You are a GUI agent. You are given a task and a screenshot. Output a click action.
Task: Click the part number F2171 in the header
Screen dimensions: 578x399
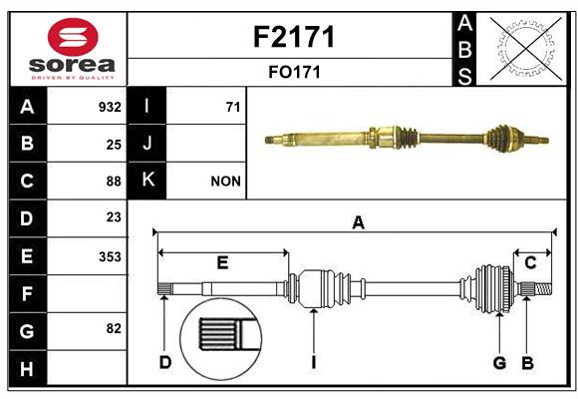[x=294, y=37]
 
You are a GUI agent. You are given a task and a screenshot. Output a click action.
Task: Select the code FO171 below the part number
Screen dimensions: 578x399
[x=294, y=72]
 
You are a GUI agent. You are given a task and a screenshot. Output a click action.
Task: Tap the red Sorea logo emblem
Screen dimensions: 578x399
[x=73, y=37]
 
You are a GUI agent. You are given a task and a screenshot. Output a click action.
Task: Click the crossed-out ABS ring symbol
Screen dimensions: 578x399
[x=526, y=48]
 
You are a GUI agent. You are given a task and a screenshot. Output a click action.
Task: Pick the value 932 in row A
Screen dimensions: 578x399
[x=110, y=107]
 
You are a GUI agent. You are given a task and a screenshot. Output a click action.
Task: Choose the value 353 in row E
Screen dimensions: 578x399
[x=110, y=256]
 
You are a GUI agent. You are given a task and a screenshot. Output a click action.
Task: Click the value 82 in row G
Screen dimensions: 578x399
[x=114, y=328]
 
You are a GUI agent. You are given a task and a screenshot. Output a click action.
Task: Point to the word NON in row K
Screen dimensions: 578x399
[x=225, y=182]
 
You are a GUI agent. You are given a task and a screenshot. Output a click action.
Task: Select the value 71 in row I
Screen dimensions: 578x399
[x=233, y=107]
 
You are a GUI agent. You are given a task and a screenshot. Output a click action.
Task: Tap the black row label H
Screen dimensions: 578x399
[x=27, y=369]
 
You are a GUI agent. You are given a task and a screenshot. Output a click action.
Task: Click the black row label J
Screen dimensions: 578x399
[x=146, y=143]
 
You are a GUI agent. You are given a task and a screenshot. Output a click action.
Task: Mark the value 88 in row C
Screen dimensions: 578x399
[x=114, y=182]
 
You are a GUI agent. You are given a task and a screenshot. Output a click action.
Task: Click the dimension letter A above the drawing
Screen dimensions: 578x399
[x=358, y=222]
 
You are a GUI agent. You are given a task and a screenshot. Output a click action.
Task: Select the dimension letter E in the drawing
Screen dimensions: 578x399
[x=222, y=262]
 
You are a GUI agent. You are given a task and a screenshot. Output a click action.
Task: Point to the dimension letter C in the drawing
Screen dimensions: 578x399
[x=530, y=262]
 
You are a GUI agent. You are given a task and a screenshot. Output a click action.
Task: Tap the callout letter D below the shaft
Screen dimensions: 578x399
[x=165, y=362]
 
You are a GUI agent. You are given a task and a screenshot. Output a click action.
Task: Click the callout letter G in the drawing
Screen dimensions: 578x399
[x=499, y=363]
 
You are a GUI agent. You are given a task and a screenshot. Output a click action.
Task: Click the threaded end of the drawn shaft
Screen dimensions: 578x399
[x=544, y=288]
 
